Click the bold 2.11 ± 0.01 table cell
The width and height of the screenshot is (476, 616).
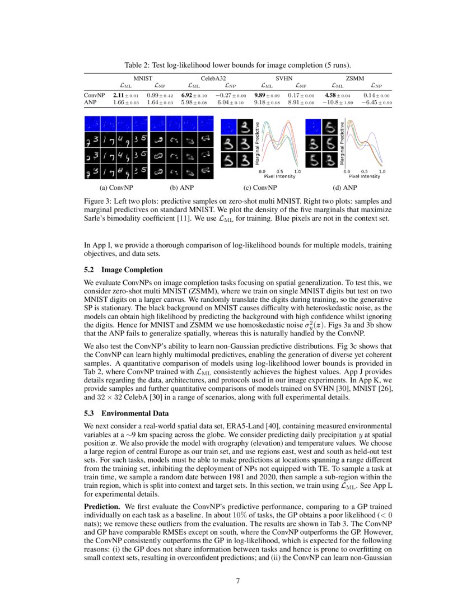(126, 96)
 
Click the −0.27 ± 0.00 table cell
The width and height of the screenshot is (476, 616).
(228, 96)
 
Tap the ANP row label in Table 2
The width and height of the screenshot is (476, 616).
(91, 103)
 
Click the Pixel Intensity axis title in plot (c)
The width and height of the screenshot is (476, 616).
(280, 176)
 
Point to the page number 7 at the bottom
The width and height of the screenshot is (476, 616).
(238, 580)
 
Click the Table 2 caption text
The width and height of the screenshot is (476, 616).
(238, 64)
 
